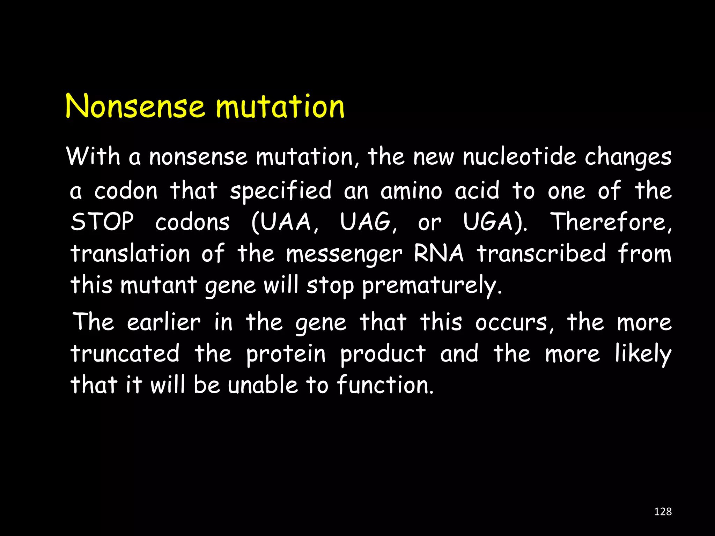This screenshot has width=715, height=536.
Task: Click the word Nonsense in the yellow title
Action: coord(135,106)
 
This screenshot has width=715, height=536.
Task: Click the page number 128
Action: coord(663,512)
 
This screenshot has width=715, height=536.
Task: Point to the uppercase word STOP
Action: coord(102,222)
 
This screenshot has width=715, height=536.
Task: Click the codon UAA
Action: coord(285,222)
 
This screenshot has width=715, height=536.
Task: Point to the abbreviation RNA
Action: coord(439,253)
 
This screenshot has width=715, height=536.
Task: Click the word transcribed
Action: coord(541,253)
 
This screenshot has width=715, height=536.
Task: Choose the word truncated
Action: coord(125,353)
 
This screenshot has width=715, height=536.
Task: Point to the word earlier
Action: coord(164,322)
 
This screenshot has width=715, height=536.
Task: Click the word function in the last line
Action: coord(383,385)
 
